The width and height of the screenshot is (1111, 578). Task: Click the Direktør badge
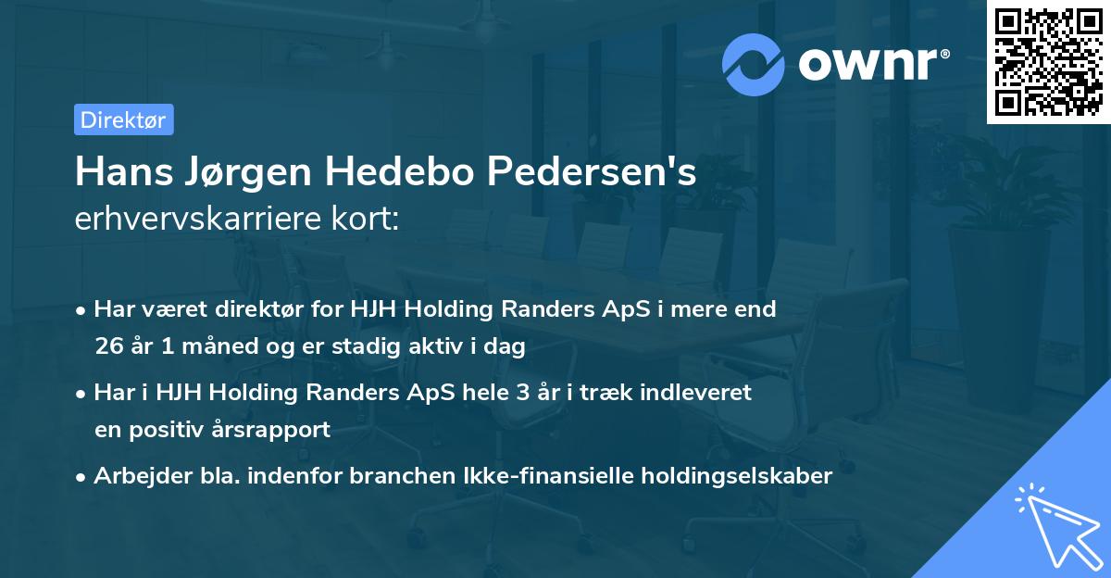(x=123, y=119)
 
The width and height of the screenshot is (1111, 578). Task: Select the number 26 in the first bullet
(x=108, y=347)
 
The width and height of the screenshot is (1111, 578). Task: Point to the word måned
(x=213, y=347)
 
